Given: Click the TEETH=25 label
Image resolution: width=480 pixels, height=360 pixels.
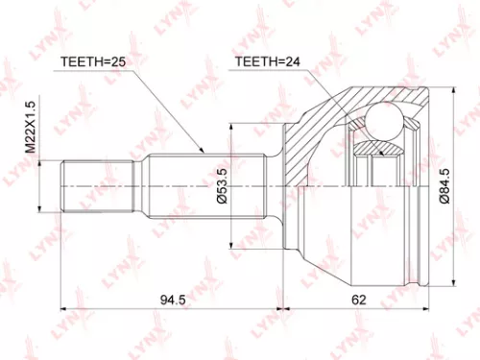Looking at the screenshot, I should [94, 62].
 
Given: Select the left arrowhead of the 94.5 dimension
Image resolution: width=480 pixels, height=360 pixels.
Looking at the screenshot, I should [64, 309].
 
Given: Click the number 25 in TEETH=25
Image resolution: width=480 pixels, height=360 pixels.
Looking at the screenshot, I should [120, 62].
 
